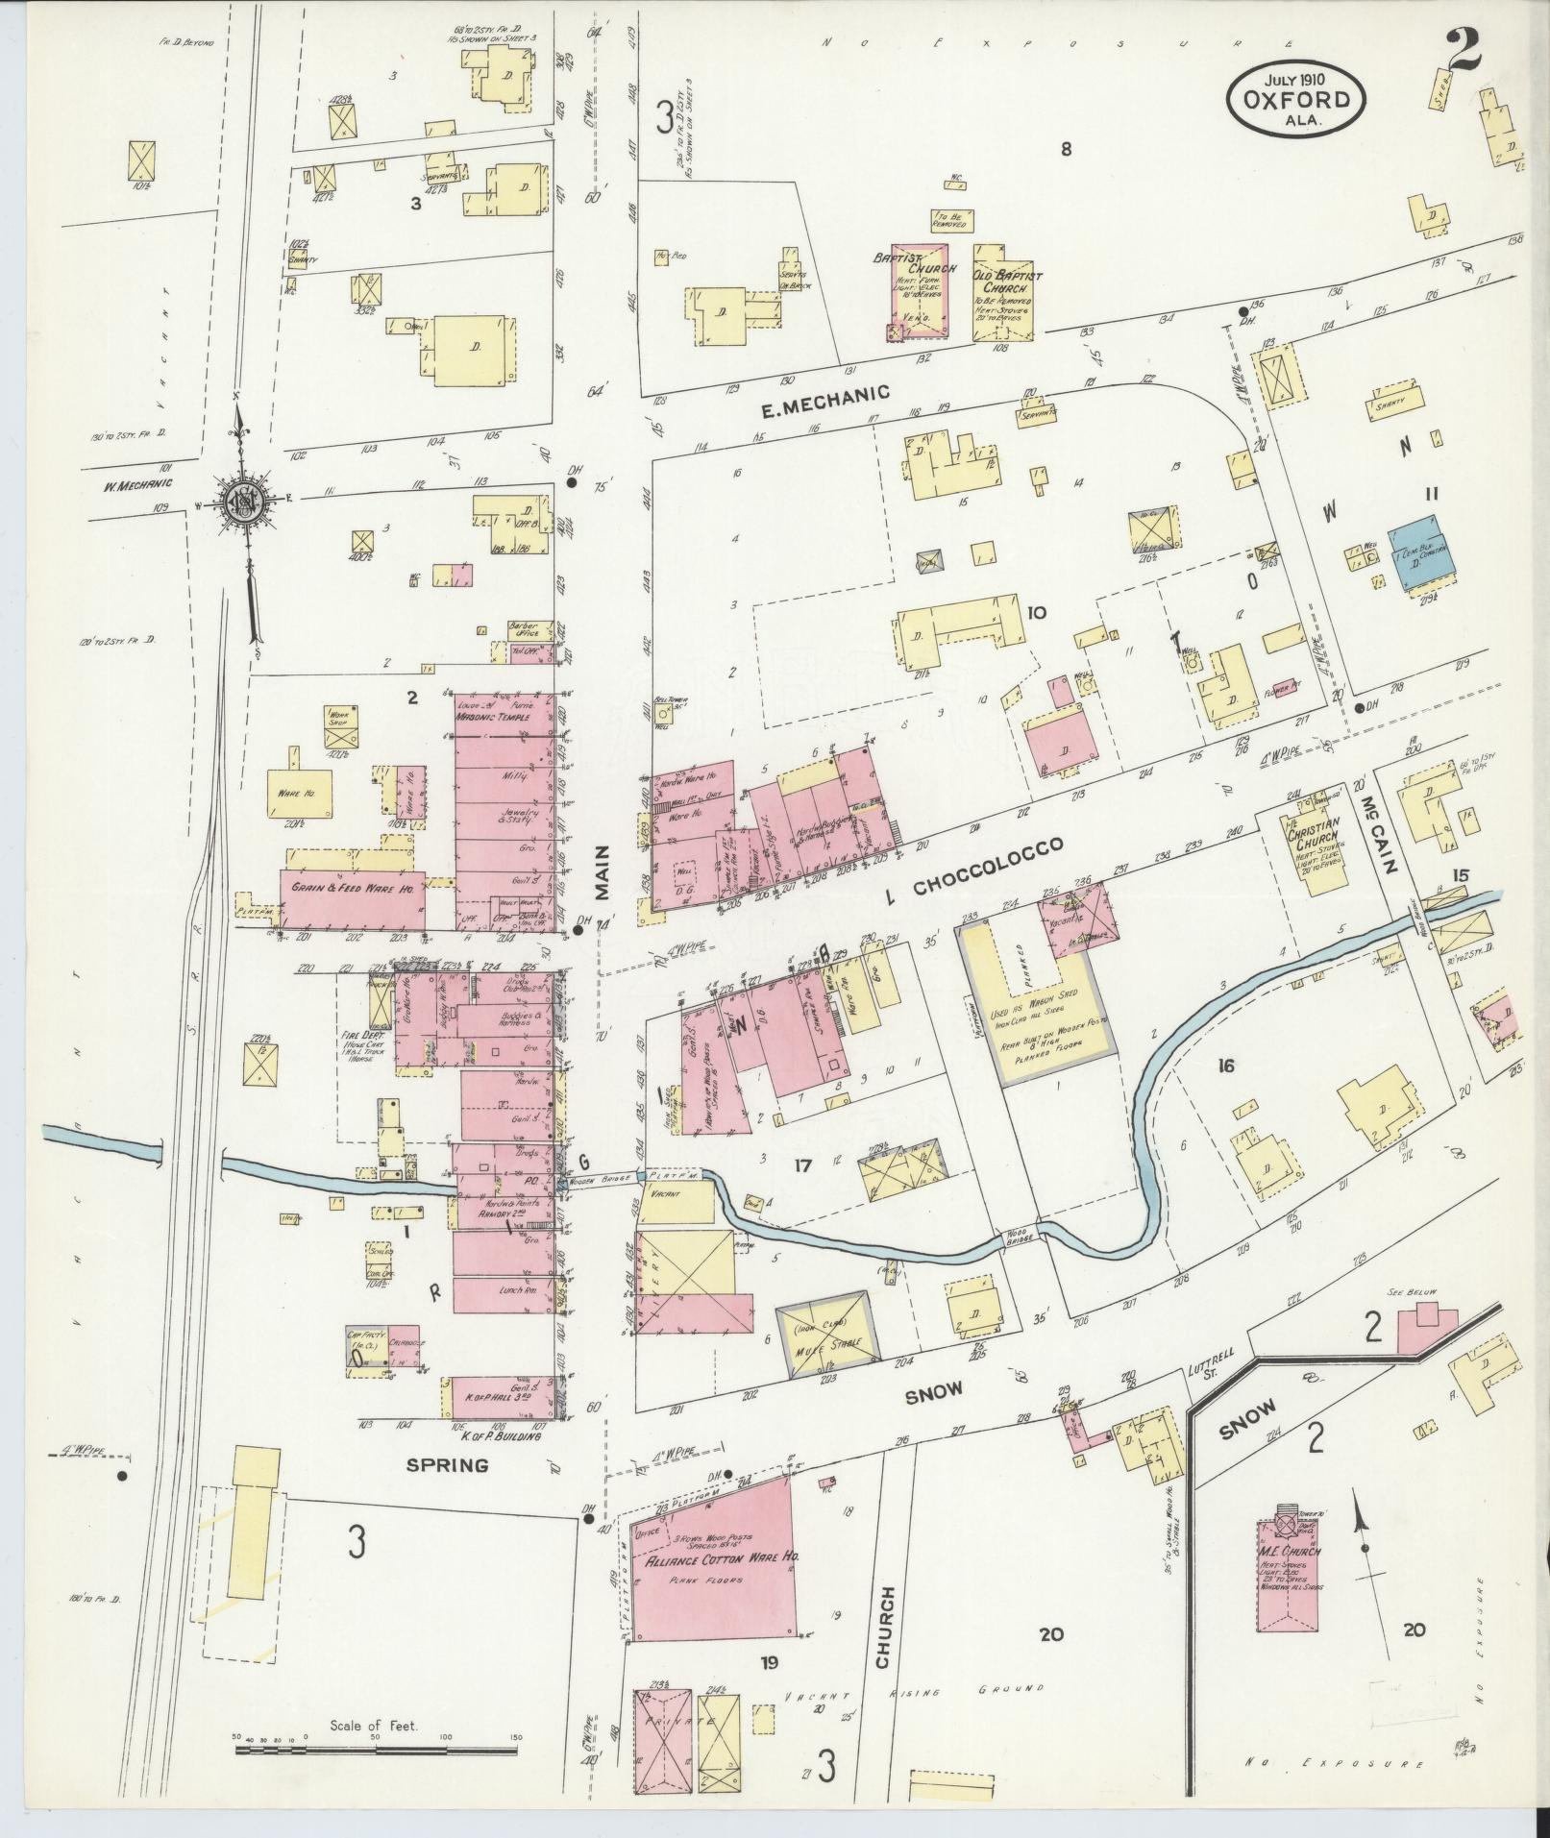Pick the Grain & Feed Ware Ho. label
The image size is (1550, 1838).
pyautogui.click(x=352, y=890)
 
